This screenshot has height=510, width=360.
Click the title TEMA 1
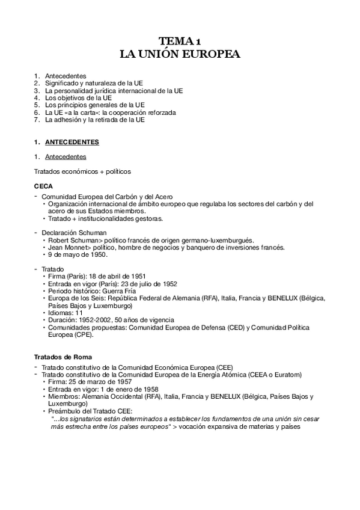click(180, 41)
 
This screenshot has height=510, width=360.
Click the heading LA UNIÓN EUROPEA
click(180, 54)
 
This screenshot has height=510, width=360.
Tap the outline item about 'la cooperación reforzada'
click(126, 112)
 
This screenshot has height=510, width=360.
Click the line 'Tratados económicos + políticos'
click(82, 171)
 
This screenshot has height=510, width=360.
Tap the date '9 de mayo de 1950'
click(77, 254)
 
